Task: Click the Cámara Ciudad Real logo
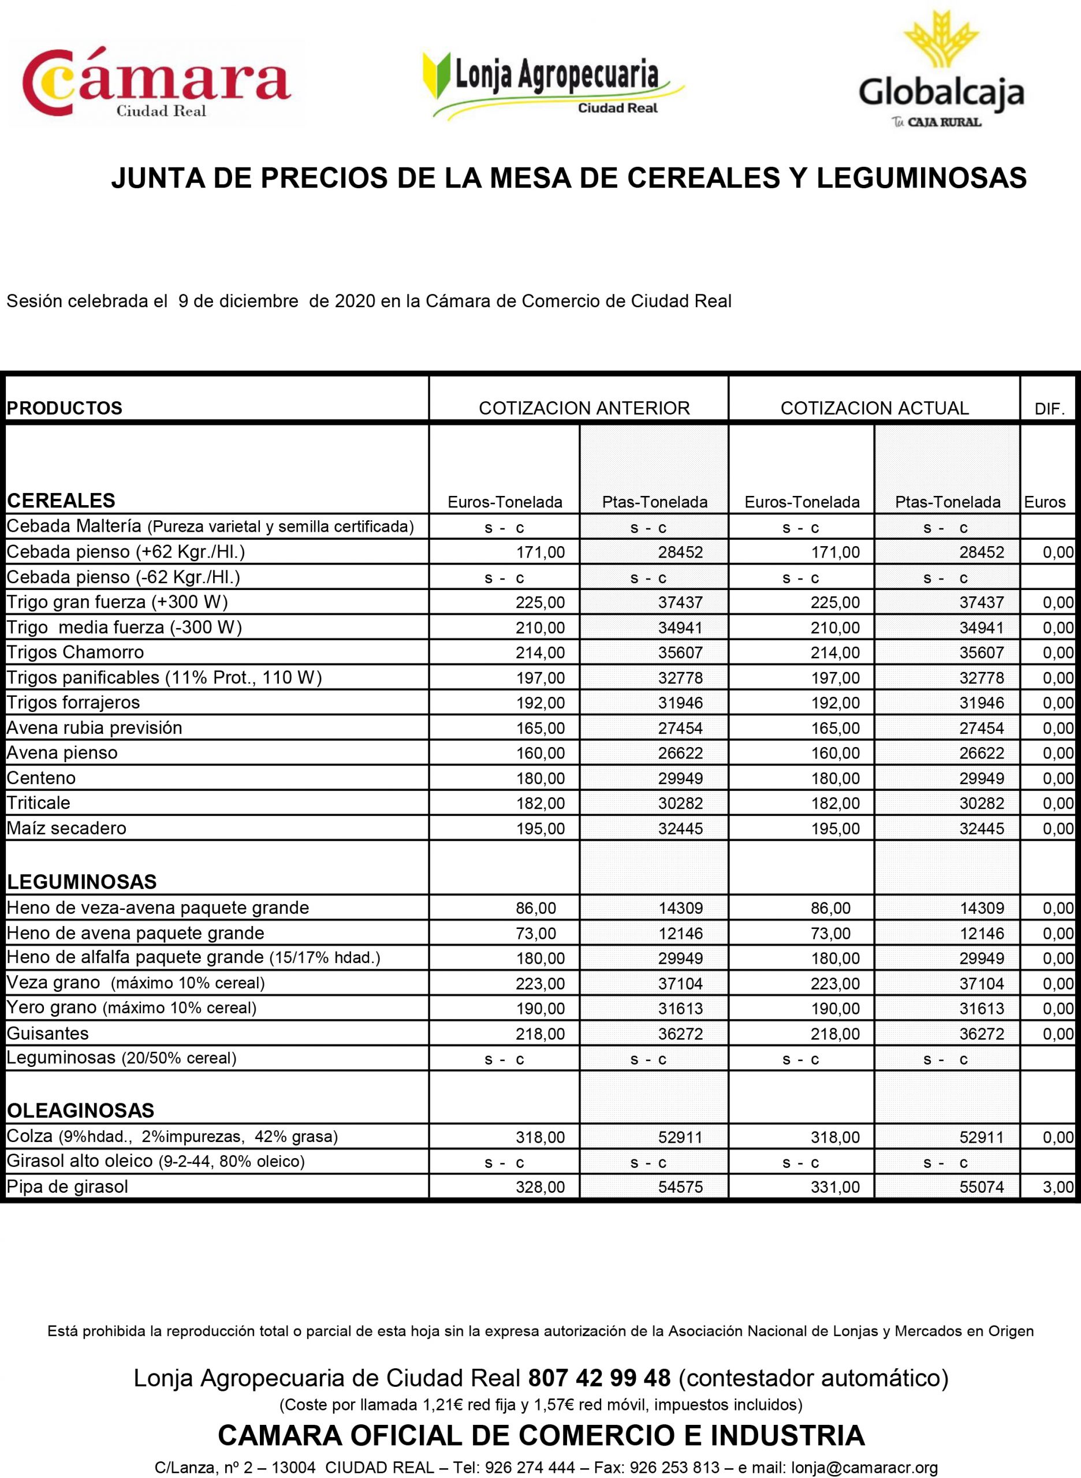pyautogui.click(x=157, y=84)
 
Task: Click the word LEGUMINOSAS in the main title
pyautogui.click(x=922, y=178)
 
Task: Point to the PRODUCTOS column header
pyautogui.click(x=64, y=408)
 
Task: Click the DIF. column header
pyautogui.click(x=1050, y=409)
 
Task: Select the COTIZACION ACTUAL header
pyautogui.click(x=874, y=408)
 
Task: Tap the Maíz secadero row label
pyautogui.click(x=67, y=828)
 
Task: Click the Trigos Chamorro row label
pyautogui.click(x=75, y=652)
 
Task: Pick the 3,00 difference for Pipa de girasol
pyautogui.click(x=1058, y=1187)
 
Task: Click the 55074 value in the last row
pyautogui.click(x=982, y=1187)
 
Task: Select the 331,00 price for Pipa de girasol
pyautogui.click(x=835, y=1187)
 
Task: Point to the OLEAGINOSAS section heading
pyautogui.click(x=80, y=1110)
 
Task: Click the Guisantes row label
pyautogui.click(x=48, y=1033)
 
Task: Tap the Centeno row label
pyautogui.click(x=41, y=778)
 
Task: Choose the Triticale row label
pyautogui.click(x=39, y=803)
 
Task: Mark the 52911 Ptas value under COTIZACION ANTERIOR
pyautogui.click(x=680, y=1137)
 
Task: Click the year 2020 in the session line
pyautogui.click(x=355, y=301)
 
